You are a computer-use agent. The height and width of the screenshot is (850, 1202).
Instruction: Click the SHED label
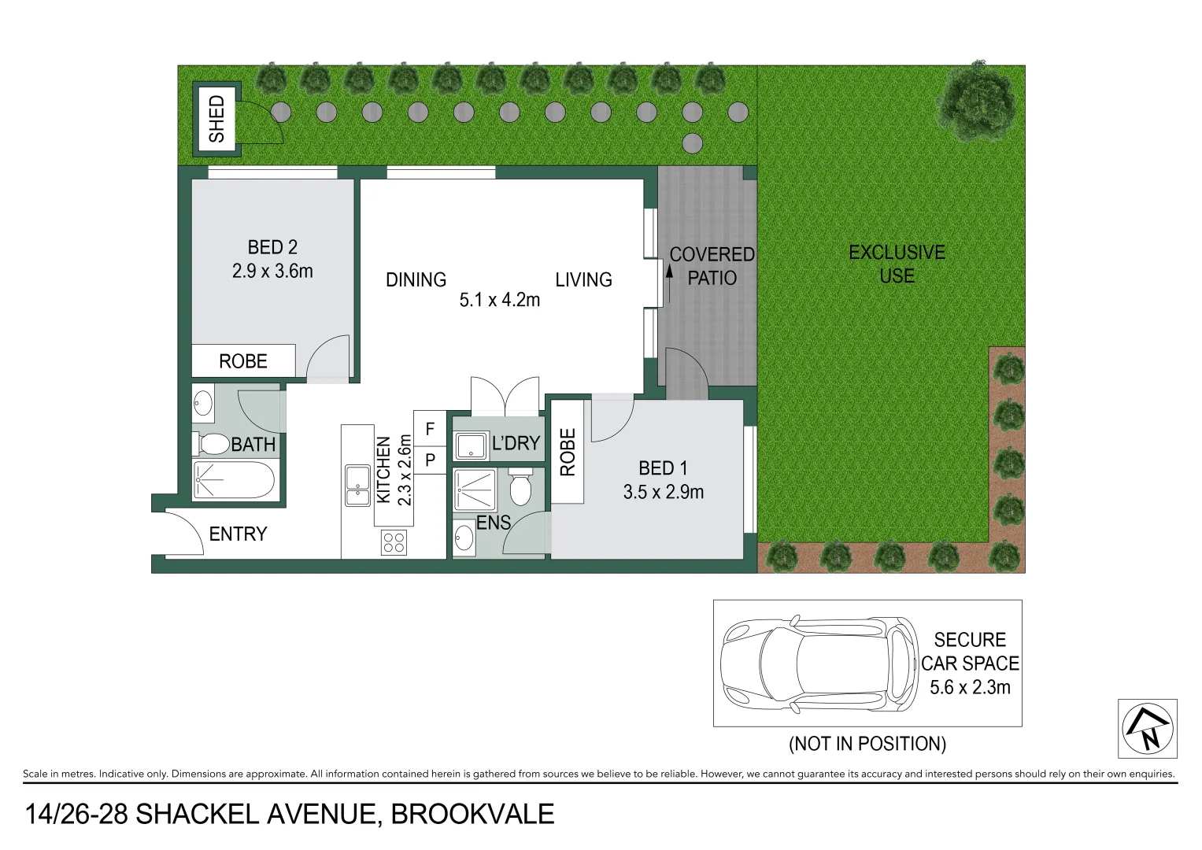[x=216, y=119]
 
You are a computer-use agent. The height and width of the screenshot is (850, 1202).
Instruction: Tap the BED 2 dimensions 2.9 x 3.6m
[x=272, y=271]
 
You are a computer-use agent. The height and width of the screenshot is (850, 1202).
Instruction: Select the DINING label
[x=416, y=279]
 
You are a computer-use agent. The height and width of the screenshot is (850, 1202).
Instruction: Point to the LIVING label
[x=583, y=279]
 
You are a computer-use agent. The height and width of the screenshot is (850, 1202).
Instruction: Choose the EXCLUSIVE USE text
[x=897, y=264]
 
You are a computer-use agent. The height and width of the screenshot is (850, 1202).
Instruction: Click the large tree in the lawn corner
[x=978, y=101]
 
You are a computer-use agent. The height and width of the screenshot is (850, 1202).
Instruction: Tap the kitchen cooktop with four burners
[x=394, y=541]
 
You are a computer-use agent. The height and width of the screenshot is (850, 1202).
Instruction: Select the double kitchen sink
[x=357, y=486]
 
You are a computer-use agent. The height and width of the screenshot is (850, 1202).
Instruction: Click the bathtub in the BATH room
[x=234, y=480]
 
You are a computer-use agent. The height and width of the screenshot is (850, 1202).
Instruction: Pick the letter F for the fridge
[x=430, y=429]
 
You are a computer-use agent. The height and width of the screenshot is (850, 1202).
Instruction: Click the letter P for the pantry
[x=430, y=460]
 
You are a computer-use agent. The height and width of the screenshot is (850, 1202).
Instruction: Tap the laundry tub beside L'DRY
[x=471, y=445]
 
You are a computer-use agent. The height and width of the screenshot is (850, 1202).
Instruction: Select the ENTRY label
[x=238, y=534]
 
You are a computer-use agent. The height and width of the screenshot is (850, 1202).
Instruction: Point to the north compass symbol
[x=1148, y=729]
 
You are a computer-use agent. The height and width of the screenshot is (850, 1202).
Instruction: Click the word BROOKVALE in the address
[x=472, y=814]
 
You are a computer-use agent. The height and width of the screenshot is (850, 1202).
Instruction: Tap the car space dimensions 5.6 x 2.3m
[x=970, y=687]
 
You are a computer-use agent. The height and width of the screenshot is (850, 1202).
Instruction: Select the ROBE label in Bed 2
[x=243, y=361]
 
